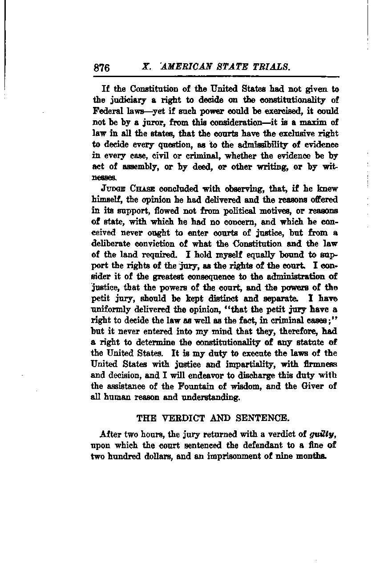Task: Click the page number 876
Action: click(101, 68)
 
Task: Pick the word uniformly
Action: click(109, 308)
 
